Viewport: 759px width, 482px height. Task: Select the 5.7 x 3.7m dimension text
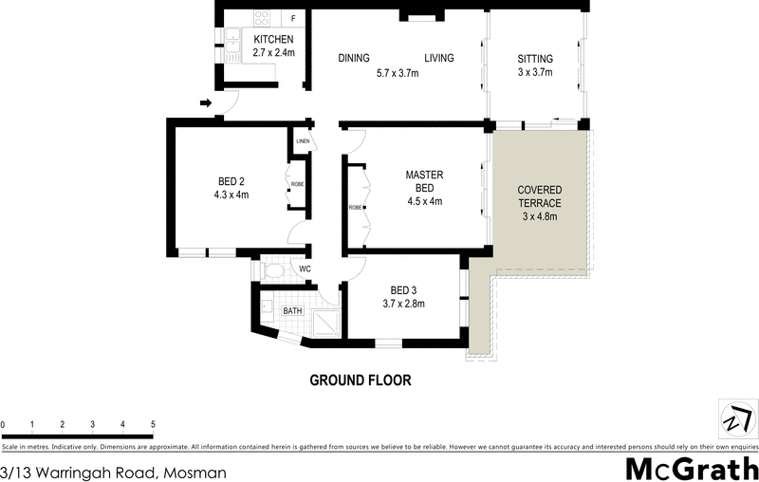(x=397, y=74)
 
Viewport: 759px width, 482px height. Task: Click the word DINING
(x=354, y=59)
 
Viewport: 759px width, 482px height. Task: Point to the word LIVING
(x=438, y=59)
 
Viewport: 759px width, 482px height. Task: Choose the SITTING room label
(x=535, y=59)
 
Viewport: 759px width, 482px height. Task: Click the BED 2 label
(x=232, y=181)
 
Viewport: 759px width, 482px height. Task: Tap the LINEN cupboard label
(x=303, y=142)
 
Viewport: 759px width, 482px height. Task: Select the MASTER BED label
(x=425, y=181)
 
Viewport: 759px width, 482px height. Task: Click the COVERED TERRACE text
(x=539, y=196)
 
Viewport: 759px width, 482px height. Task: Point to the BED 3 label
(x=403, y=290)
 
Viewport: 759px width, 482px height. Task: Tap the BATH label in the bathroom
(x=292, y=310)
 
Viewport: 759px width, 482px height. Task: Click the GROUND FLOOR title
(x=361, y=380)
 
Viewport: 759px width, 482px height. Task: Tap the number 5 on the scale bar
(x=153, y=424)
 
